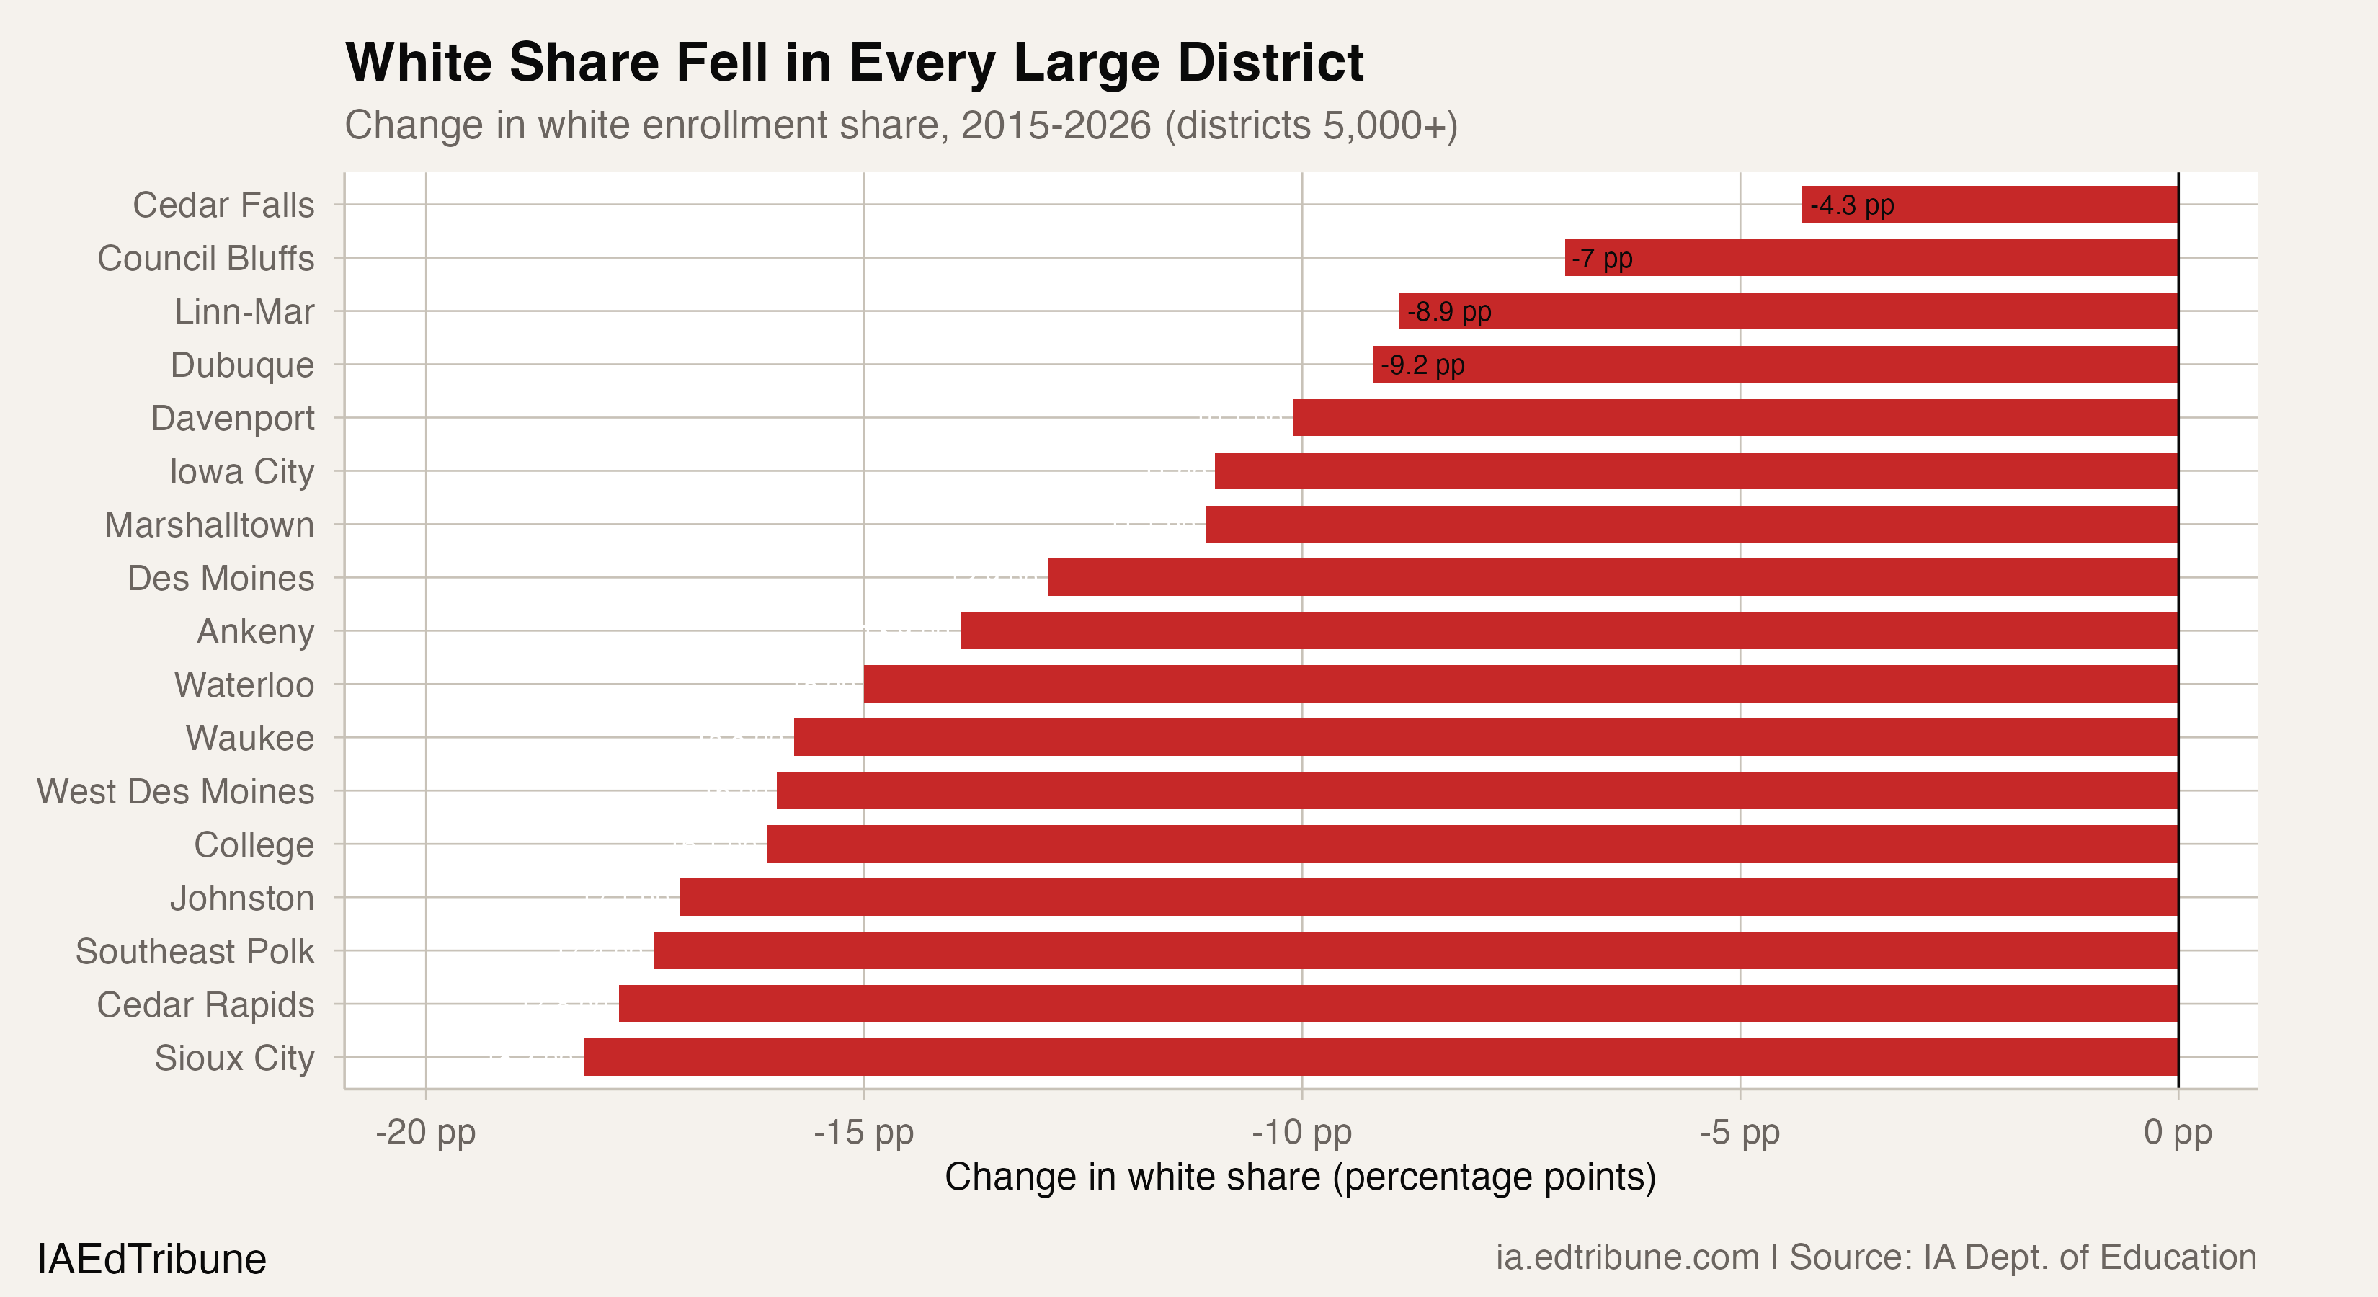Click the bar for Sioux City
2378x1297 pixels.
click(x=1380, y=1057)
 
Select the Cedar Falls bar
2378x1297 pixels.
click(x=1990, y=205)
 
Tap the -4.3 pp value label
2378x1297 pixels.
click(x=1852, y=205)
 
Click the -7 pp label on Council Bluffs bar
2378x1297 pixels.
click(x=1603, y=259)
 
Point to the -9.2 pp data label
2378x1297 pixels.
click(x=1422, y=365)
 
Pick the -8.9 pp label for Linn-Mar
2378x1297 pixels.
click(x=1449, y=312)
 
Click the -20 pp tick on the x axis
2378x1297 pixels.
click(x=426, y=1132)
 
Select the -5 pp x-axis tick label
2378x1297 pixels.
click(x=1740, y=1132)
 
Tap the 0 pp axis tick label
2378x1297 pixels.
click(x=2178, y=1132)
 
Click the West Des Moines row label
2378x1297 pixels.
click(x=175, y=792)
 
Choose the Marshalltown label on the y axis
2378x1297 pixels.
click(x=210, y=525)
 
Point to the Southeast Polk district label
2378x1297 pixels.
click(x=195, y=952)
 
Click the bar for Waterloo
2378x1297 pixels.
click(x=1520, y=684)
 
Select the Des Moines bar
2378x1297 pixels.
click(x=1613, y=578)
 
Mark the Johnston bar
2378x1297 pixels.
click(x=1429, y=897)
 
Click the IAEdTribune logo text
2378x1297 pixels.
click(x=151, y=1259)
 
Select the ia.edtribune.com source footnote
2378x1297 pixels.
click(x=1876, y=1257)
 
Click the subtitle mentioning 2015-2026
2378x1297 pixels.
click(x=900, y=125)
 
